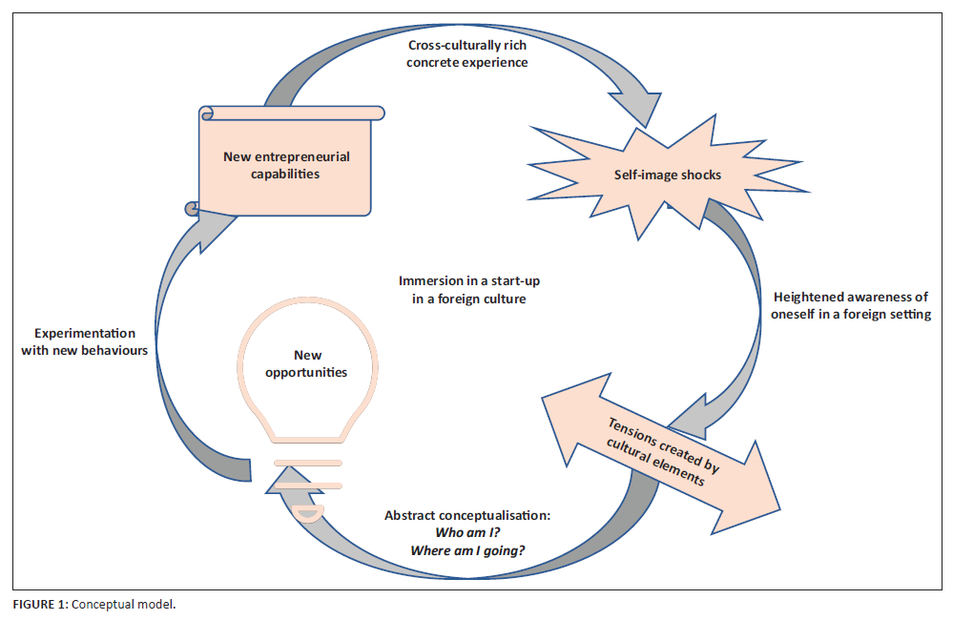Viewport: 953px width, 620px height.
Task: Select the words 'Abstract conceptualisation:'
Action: pos(466,515)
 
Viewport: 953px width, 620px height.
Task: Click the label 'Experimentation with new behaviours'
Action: pos(85,341)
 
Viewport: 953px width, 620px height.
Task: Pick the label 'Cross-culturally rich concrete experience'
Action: pos(466,54)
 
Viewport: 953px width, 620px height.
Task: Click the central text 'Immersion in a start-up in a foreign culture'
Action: pos(463,289)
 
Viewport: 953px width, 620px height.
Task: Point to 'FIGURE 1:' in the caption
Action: pos(39,605)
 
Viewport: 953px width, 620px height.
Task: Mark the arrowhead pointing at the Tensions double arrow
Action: pos(689,412)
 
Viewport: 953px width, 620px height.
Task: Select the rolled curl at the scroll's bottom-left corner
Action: pos(192,205)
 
